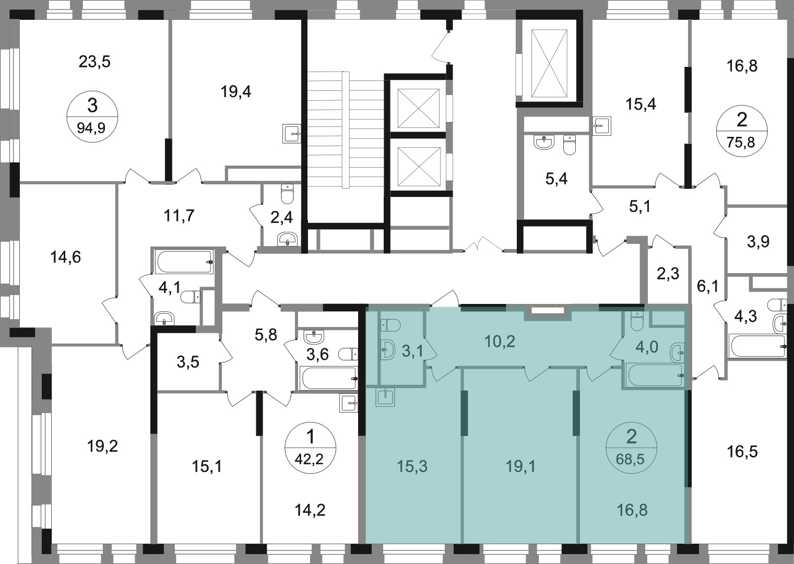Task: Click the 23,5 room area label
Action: point(94,62)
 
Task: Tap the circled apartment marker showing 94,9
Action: point(92,116)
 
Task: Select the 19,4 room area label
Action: point(236,92)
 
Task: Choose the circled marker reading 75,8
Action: point(742,131)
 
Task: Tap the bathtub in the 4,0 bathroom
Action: point(654,375)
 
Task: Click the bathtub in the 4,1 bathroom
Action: point(184,262)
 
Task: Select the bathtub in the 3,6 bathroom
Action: point(328,379)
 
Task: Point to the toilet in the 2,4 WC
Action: point(287,194)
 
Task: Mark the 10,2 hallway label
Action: point(500,342)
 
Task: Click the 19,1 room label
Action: point(520,466)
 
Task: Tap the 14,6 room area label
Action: point(66,257)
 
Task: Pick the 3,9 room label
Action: point(758,242)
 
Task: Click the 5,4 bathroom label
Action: point(556,179)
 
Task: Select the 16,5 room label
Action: point(742,452)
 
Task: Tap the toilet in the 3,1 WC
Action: point(390,325)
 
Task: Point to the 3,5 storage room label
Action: point(188,362)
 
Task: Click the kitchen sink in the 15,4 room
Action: point(602,126)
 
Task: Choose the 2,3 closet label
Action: point(668,274)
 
